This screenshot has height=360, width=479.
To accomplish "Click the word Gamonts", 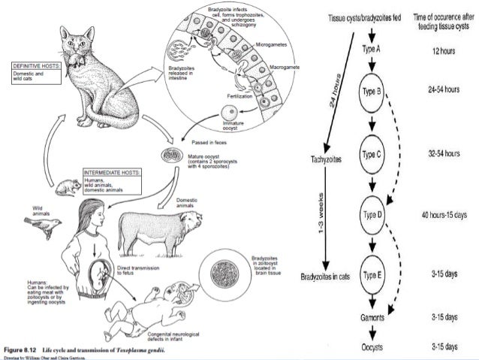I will [372, 318].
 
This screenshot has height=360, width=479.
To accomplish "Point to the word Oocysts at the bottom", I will [372, 346].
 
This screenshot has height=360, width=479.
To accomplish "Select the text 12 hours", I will [441, 50].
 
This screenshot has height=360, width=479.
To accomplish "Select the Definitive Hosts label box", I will [24, 71].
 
